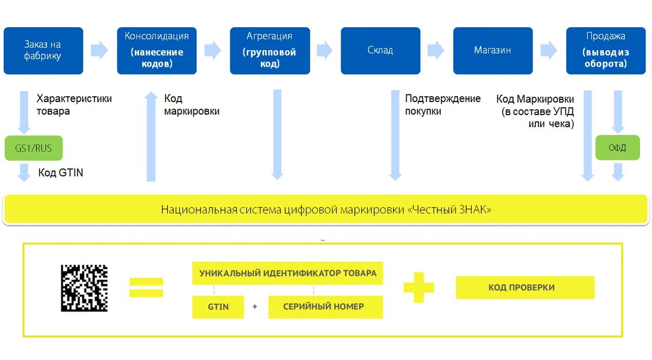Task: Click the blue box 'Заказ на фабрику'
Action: pyautogui.click(x=43, y=50)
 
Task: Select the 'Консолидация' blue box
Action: pyautogui.click(x=157, y=50)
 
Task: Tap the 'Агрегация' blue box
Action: pyautogui.click(x=269, y=50)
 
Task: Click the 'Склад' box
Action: pyautogui.click(x=380, y=50)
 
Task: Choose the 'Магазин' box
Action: pyautogui.click(x=493, y=50)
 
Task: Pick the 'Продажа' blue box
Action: pyautogui.click(x=606, y=50)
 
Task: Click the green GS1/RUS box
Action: pyautogui.click(x=34, y=148)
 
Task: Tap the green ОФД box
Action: pyautogui.click(x=617, y=148)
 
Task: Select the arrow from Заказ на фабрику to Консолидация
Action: pyautogui.click(x=99, y=50)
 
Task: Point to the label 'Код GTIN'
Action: pyautogui.click(x=60, y=173)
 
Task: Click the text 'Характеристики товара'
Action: pyautogui.click(x=74, y=105)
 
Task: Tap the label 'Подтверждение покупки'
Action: pyautogui.click(x=442, y=105)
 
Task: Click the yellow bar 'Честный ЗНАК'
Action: pyautogui.click(x=326, y=210)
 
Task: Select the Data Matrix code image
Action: pyautogui.click(x=84, y=288)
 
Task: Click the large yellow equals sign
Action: pyautogui.click(x=146, y=287)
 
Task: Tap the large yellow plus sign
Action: pyautogui.click(x=418, y=287)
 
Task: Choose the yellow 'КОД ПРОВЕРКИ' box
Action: pyautogui.click(x=525, y=287)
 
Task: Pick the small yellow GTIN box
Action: pyautogui.click(x=218, y=307)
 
